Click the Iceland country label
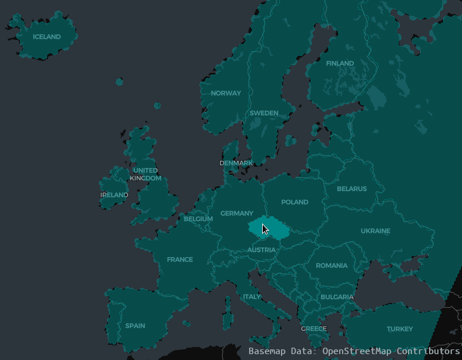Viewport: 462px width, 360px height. click(46, 37)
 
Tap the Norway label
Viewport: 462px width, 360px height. click(226, 93)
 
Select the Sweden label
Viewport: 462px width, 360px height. click(264, 113)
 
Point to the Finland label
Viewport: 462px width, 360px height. click(340, 63)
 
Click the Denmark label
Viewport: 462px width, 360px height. click(236, 163)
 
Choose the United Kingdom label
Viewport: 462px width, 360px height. click(145, 174)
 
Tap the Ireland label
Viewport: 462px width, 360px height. click(114, 195)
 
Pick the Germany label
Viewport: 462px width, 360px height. click(236, 214)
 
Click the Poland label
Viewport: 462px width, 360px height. click(294, 202)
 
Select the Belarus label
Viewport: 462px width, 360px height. click(351, 189)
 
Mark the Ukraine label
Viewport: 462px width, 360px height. click(375, 231)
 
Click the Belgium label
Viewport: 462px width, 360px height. click(198, 219)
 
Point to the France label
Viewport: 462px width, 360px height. click(179, 260)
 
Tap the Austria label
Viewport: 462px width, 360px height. click(261, 250)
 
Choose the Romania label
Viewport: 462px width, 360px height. click(332, 265)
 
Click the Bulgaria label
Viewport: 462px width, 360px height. click(337, 297)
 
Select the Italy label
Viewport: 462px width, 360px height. click(252, 297)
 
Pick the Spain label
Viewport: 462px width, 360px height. click(135, 326)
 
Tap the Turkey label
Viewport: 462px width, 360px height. click(400, 329)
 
